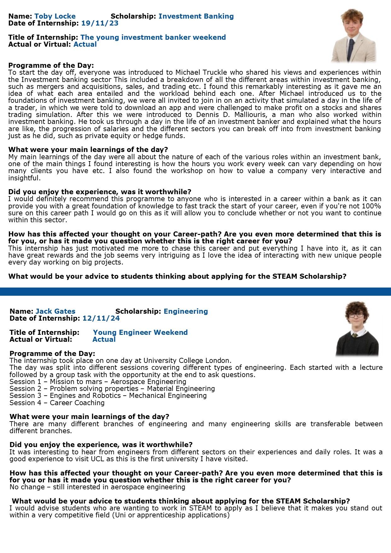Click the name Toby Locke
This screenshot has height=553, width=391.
coord(55,16)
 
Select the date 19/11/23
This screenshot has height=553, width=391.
coord(100,23)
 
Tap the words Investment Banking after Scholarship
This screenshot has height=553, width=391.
coord(196,16)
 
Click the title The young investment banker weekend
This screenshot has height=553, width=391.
coord(153,38)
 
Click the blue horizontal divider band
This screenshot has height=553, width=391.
coord(195,291)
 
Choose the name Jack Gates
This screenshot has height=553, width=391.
coord(55,311)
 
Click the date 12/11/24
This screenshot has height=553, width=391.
coord(101,318)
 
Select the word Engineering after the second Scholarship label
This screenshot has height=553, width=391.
coord(186,311)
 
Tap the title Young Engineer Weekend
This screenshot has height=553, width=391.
coord(140,333)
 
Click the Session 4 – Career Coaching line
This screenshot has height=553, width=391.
coord(57,403)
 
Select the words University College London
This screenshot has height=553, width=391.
coord(187,361)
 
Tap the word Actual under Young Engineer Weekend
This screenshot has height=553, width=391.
coord(104,340)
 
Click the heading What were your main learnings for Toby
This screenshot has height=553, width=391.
coord(88,150)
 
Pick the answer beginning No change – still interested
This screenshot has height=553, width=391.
coord(97,487)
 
